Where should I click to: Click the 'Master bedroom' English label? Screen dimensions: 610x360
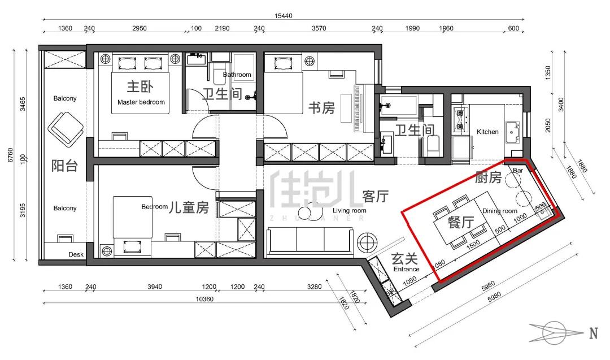(141, 102)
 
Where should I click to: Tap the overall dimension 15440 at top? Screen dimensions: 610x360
(283, 16)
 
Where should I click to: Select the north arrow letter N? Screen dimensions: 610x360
(593, 333)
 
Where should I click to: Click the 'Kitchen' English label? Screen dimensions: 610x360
(487, 132)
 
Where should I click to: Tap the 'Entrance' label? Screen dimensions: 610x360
(406, 269)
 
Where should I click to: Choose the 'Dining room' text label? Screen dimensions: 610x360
(499, 211)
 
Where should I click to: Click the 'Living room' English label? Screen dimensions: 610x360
(349, 211)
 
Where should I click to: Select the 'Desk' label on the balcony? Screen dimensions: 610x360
(76, 254)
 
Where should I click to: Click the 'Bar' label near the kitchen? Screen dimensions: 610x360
(518, 171)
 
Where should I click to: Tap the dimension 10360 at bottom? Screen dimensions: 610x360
(204, 299)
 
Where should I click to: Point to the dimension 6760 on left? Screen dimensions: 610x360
(11, 155)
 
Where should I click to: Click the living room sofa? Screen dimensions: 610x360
(310, 241)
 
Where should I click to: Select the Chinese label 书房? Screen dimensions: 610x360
(321, 108)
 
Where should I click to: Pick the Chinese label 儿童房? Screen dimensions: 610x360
(189, 207)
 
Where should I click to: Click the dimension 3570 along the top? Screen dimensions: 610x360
(319, 28)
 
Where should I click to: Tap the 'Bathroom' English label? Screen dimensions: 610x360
(237, 75)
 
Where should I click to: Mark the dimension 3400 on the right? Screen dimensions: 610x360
(561, 105)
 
